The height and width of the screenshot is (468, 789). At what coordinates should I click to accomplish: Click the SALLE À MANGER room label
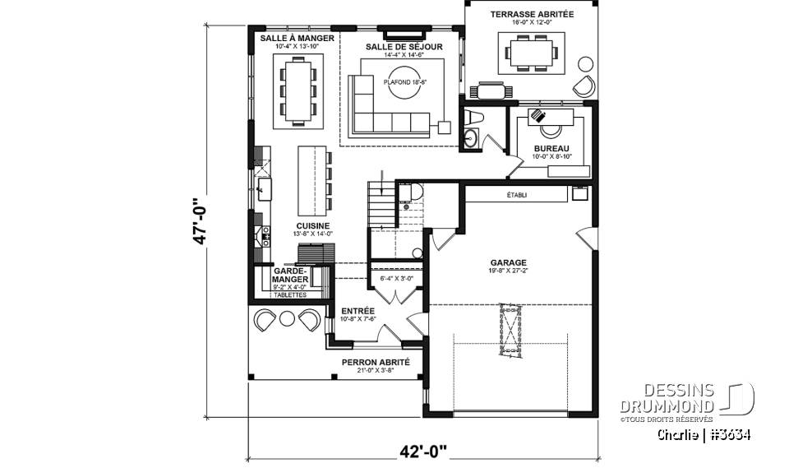297,39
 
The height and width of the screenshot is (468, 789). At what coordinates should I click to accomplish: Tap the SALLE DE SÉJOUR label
404,47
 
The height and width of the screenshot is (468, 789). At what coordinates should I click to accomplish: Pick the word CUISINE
313,225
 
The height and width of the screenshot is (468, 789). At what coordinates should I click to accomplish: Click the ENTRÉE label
358,311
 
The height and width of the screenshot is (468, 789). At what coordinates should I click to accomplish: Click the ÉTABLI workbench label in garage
517,196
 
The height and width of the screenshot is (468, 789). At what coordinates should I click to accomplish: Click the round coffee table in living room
404,90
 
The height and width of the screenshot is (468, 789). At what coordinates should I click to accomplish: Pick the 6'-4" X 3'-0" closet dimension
396,278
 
